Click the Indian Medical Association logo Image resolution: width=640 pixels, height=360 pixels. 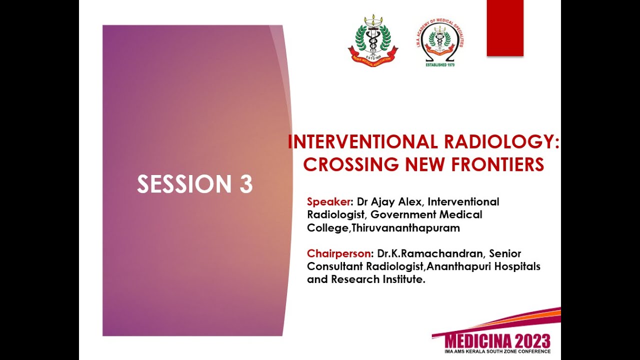[373, 41]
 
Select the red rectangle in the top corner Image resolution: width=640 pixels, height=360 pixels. [505, 27]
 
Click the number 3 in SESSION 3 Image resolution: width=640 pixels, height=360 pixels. [245, 184]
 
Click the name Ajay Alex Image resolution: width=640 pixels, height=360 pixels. [397, 202]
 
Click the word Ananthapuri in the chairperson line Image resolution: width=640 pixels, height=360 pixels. [458, 266]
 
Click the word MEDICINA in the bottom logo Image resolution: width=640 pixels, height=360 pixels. [479, 341]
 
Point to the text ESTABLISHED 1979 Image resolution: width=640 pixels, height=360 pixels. [439, 64]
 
